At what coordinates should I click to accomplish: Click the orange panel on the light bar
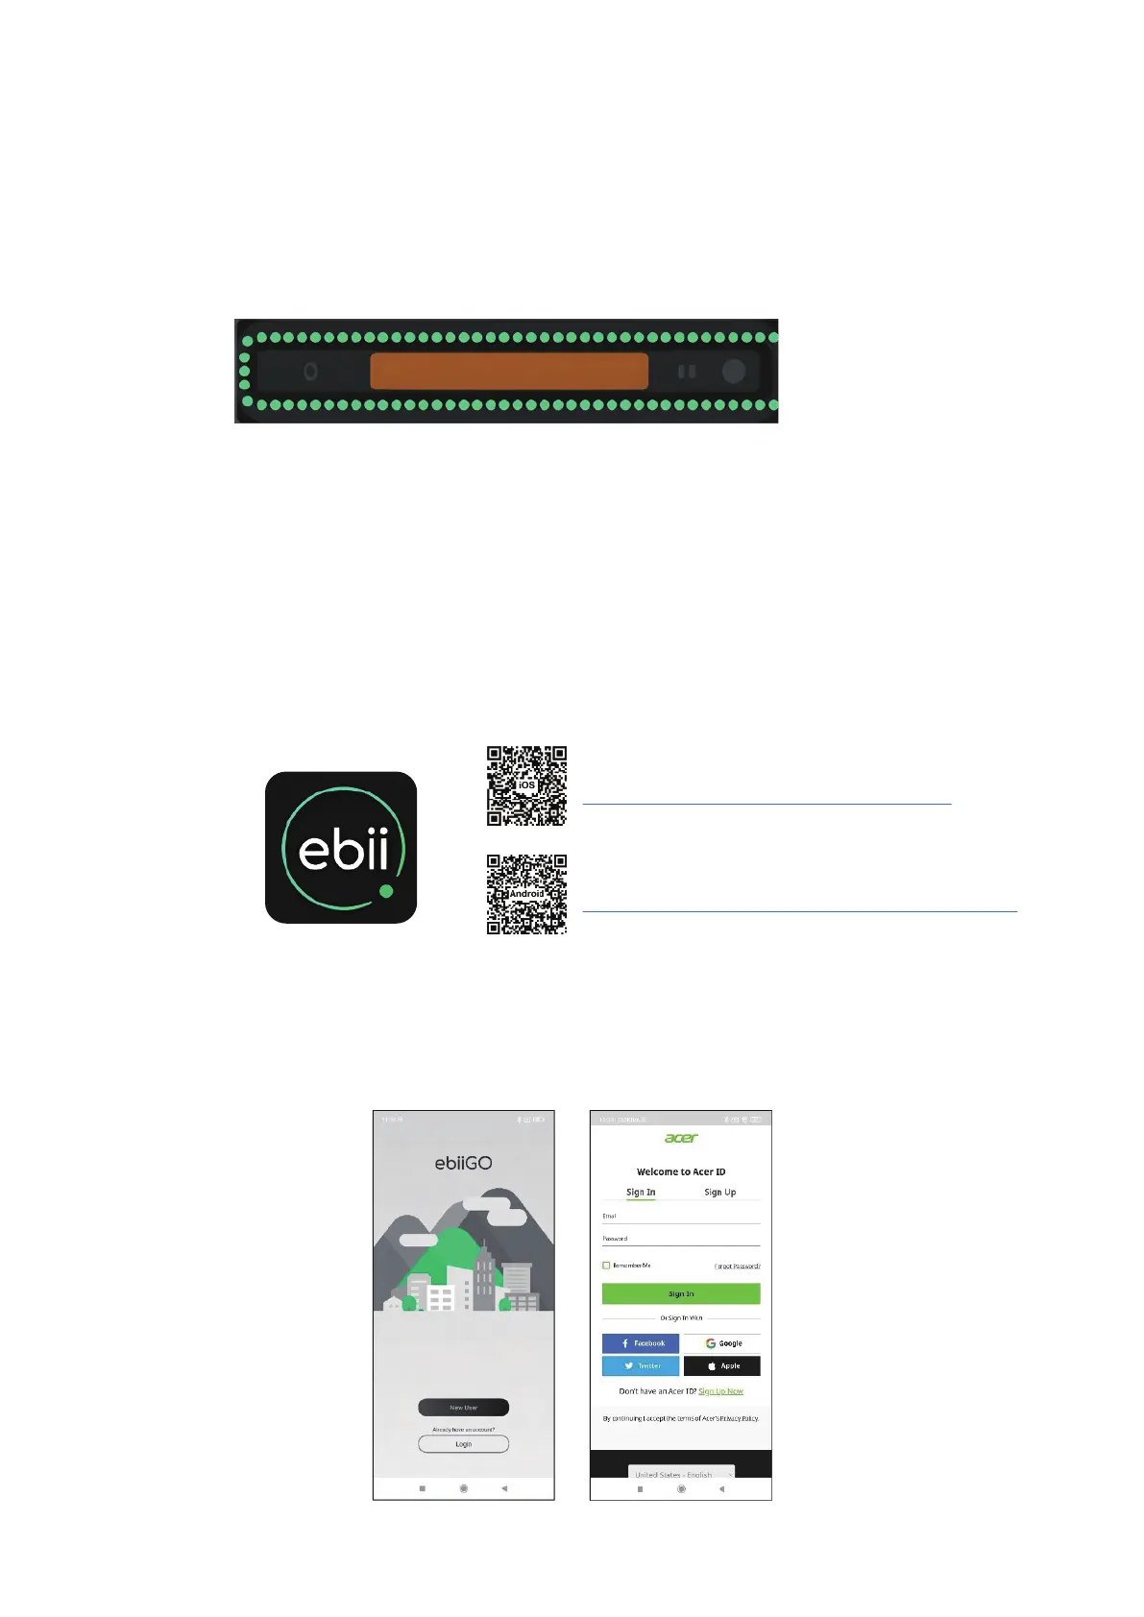point(509,371)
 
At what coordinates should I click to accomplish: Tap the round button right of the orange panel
point(733,371)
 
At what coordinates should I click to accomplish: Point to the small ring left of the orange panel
point(310,371)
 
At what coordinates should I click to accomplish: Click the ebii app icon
point(341,847)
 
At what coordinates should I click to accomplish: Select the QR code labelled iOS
point(526,785)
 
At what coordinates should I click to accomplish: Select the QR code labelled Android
point(526,894)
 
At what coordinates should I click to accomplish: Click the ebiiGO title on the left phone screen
point(463,1163)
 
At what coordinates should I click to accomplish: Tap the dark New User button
point(463,1407)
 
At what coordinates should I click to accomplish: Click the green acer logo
point(681,1138)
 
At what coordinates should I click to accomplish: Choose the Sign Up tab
point(719,1193)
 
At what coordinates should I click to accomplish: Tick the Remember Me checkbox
point(606,1266)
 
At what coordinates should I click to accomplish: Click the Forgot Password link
point(737,1267)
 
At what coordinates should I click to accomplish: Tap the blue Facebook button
point(641,1343)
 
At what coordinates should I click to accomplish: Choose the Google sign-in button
point(722,1343)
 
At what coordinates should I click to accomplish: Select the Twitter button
point(641,1365)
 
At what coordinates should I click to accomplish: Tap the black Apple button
point(722,1365)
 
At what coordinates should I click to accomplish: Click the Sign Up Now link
point(720,1391)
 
